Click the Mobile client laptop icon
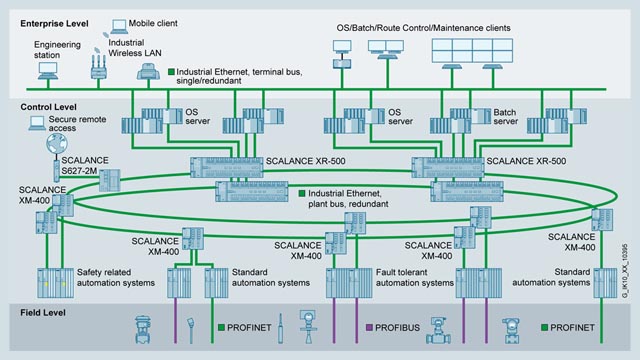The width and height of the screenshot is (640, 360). [119, 23]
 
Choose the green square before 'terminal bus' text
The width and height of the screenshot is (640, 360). [172, 72]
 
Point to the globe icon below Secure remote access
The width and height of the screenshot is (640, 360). [44, 144]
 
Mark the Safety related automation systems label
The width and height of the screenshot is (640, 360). [114, 250]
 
